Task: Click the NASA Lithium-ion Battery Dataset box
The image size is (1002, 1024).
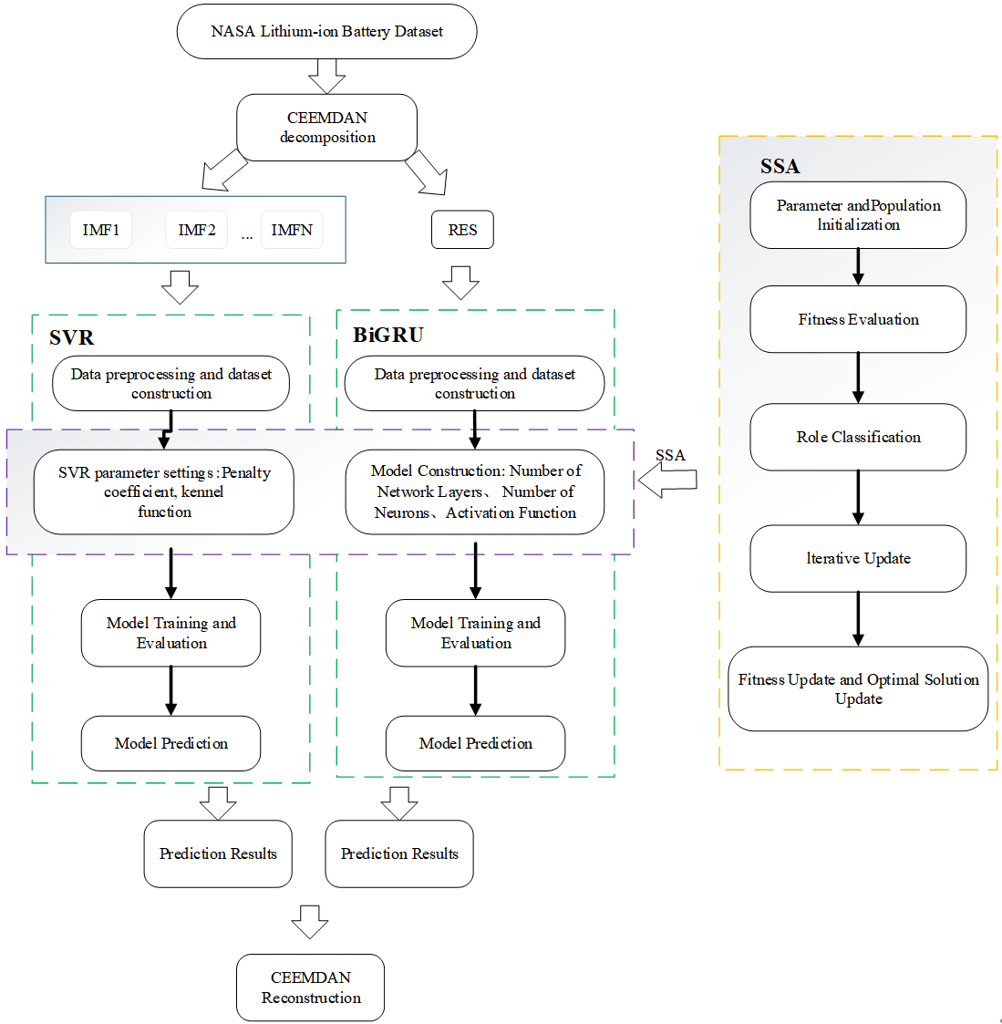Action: (326, 32)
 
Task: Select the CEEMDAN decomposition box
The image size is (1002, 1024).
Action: (326, 128)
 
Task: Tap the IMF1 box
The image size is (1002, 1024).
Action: (101, 230)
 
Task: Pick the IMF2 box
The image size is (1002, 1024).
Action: (197, 230)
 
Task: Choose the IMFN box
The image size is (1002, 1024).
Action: (292, 230)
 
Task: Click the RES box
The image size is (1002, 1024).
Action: (462, 230)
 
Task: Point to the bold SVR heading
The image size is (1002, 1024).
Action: (72, 337)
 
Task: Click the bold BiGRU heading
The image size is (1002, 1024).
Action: (388, 335)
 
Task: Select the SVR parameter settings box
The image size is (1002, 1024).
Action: (164, 492)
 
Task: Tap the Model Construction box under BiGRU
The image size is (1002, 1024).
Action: (475, 492)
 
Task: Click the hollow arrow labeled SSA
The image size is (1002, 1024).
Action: (667, 479)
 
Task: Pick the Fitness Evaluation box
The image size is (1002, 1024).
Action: (858, 319)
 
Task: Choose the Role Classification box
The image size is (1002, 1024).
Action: (858, 437)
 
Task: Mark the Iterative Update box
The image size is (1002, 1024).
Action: (858, 558)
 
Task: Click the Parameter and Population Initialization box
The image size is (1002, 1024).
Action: (858, 215)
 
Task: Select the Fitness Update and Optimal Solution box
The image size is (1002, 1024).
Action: (858, 688)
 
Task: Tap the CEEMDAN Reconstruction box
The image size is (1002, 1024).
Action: (310, 988)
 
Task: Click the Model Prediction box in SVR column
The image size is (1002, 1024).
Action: (171, 743)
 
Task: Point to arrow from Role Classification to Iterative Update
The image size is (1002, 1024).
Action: (858, 498)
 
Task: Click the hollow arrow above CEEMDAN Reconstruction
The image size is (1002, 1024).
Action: (310, 922)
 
